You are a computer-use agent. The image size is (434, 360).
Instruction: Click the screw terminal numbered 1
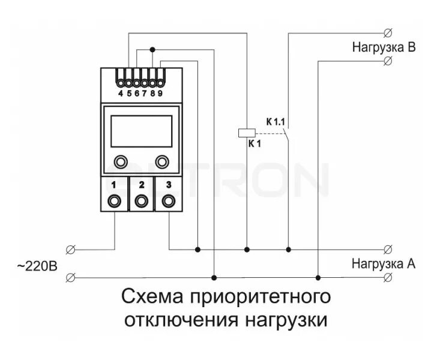[113, 200]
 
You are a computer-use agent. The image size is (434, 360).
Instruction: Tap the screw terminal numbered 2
[141, 200]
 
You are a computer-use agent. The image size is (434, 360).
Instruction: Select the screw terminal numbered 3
[169, 200]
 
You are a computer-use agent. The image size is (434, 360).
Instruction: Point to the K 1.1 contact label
[277, 122]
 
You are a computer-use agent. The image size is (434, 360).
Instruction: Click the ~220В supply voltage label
[37, 265]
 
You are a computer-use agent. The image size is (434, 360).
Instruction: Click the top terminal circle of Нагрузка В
[387, 32]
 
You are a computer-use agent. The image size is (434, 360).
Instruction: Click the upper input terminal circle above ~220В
[71, 248]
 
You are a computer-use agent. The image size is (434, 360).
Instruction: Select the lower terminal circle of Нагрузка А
[388, 277]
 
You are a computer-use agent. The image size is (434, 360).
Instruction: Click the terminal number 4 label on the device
[121, 93]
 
